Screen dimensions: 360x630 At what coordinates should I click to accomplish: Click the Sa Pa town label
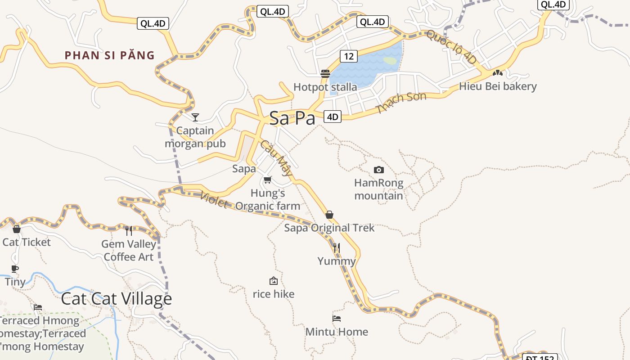point(292,118)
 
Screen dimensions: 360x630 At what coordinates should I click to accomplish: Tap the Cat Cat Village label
point(116,298)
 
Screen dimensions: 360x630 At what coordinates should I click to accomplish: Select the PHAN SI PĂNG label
point(109,55)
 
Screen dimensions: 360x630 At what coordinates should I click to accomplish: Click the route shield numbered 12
point(348,56)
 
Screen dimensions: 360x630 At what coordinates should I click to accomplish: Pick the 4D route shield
point(332,117)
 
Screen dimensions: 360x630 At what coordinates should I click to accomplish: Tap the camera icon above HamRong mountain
point(379,170)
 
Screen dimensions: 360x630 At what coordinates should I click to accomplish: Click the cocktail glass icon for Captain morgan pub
point(195,117)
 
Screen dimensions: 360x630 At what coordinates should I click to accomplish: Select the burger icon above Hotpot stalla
point(325,74)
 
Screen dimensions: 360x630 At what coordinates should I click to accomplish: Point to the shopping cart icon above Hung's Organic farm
point(268,180)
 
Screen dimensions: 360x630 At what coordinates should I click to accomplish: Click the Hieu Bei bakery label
point(498,86)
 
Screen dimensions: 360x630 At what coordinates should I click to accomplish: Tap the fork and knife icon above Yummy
point(337,247)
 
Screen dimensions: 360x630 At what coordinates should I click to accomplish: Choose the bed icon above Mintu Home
point(337,319)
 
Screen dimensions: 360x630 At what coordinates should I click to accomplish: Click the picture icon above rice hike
point(273,281)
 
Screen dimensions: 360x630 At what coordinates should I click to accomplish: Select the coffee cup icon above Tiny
point(15,269)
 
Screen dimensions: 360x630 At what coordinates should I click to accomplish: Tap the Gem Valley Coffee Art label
point(129,251)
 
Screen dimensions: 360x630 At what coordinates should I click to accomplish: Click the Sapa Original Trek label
point(329,228)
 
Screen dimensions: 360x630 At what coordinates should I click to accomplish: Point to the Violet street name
point(213,200)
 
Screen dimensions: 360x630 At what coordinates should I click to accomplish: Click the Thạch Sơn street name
point(401,103)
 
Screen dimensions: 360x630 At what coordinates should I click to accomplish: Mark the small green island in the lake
point(390,60)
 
